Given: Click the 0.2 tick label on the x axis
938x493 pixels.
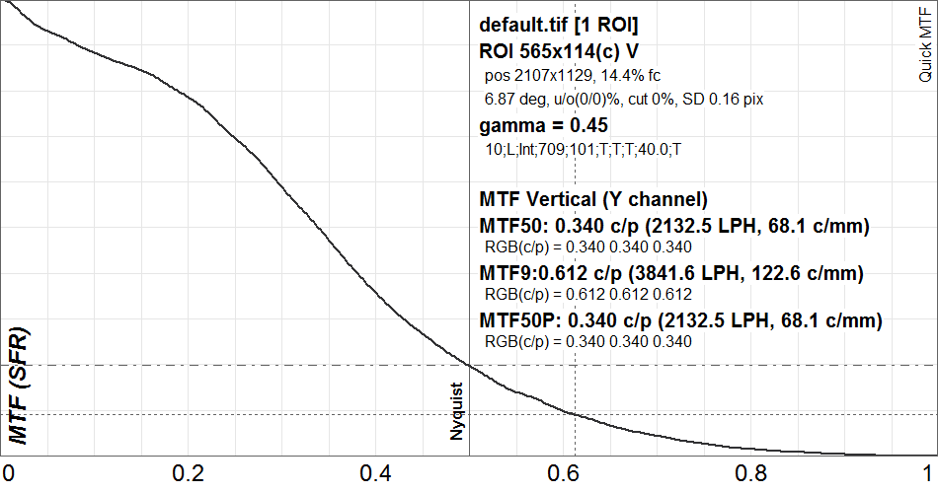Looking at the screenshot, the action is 188,473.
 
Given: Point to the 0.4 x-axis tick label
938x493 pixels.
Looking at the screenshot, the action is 375,473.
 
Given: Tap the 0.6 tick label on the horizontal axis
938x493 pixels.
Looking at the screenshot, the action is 563,473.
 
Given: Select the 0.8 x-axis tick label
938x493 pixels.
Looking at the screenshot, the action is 750,473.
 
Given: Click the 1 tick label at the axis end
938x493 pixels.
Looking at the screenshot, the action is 928,473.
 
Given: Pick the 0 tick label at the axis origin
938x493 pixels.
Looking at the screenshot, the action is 8,473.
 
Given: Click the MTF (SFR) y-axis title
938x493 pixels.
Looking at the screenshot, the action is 19,387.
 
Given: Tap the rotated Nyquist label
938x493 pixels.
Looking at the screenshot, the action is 456,412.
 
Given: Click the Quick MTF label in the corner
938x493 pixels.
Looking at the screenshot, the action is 925,44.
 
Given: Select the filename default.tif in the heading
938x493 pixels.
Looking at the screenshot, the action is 521,25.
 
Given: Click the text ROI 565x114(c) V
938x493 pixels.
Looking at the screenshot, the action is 559,51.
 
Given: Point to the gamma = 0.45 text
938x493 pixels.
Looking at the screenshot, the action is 543,126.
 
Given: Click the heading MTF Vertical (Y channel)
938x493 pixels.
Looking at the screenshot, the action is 593,199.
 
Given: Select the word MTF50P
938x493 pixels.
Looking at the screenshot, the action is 519,320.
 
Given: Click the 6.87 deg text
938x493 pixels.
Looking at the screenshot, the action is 515,100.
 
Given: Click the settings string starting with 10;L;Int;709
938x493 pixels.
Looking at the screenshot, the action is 583,150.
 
